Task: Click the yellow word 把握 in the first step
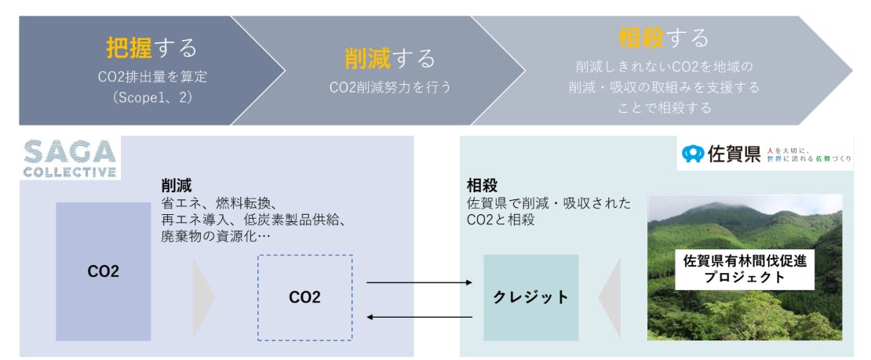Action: pos(129,49)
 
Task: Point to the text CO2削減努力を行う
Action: pos(390,87)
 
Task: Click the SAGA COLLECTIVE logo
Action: pos(70,159)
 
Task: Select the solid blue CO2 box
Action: pos(104,271)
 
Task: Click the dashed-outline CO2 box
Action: pos(304,297)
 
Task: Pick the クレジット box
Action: pos(530,297)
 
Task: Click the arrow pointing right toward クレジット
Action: pos(420,282)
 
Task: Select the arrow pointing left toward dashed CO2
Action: pos(420,317)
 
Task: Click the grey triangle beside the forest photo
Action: pos(610,297)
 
